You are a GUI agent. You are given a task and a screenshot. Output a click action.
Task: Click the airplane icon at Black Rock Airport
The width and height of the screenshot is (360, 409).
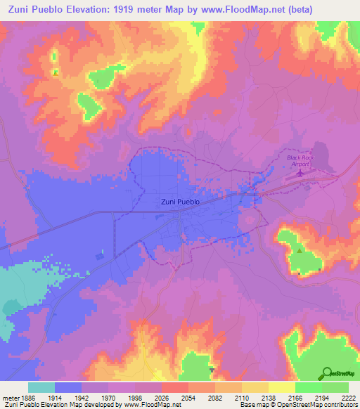click(301, 171)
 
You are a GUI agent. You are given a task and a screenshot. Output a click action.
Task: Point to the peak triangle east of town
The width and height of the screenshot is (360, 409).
click(300, 249)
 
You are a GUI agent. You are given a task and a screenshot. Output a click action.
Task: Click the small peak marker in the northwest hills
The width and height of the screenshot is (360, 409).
click(54, 71)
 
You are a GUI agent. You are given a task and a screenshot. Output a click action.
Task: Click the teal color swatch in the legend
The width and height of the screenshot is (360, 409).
click(41, 387)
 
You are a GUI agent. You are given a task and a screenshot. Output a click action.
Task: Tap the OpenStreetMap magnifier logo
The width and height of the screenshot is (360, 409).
click(326, 372)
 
